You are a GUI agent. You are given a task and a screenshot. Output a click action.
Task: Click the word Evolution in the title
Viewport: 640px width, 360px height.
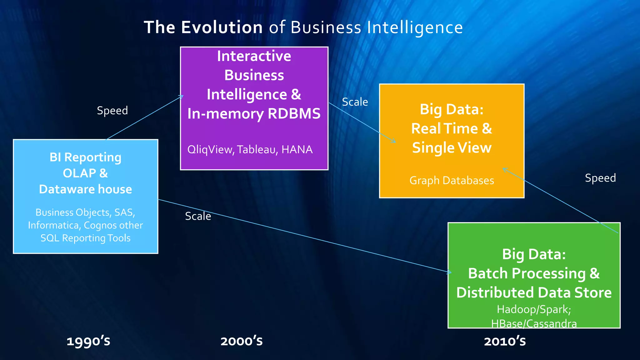[x=222, y=27]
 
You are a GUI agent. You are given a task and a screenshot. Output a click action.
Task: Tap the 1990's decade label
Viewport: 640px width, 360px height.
[x=88, y=341]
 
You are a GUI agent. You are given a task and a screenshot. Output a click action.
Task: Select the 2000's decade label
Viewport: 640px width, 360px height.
[x=242, y=341]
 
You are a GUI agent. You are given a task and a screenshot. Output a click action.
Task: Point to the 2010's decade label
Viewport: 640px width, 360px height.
[x=505, y=341]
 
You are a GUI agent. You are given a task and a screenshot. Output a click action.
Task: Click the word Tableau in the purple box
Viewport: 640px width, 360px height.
[x=257, y=150]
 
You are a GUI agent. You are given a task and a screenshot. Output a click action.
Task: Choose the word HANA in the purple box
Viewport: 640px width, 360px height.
[x=297, y=150]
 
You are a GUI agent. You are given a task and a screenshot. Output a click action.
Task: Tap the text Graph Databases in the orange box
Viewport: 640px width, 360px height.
[x=452, y=181]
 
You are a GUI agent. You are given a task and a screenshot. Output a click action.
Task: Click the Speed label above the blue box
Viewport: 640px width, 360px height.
[x=112, y=111]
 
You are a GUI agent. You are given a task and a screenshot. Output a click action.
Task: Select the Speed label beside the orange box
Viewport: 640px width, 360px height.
[x=600, y=178]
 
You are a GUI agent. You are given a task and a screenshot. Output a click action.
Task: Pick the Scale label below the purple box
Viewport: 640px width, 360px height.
[x=198, y=216]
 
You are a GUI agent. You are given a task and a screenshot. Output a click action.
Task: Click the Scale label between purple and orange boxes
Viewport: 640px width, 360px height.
[x=355, y=102]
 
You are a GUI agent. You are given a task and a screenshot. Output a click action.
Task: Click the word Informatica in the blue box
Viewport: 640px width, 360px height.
[x=53, y=225]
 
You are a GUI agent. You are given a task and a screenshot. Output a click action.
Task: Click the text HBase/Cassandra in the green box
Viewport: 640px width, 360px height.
[x=534, y=323]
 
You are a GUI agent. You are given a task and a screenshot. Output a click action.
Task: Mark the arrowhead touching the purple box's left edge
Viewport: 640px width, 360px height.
[x=182, y=97]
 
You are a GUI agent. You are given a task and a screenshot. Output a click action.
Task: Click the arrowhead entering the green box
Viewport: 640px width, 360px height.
[x=449, y=272]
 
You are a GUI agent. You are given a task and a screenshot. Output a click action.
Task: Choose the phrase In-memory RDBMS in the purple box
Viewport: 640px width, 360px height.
[x=254, y=114]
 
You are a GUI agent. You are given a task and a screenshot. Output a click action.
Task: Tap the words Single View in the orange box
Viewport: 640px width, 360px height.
[x=452, y=148]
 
